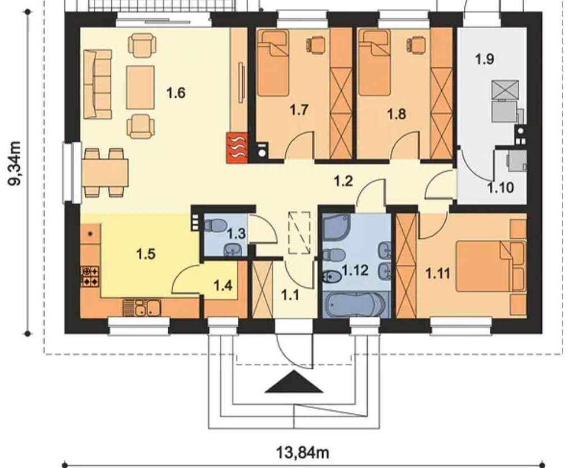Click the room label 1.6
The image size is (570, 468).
click(x=176, y=93)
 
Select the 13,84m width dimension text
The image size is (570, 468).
click(x=303, y=453)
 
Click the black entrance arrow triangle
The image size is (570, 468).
click(x=294, y=382)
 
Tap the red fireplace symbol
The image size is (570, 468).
click(x=237, y=148)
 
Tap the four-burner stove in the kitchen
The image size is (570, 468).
click(x=90, y=276)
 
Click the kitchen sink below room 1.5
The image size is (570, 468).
click(x=142, y=308)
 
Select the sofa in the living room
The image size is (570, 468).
click(x=97, y=85)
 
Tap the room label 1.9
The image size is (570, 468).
click(x=485, y=59)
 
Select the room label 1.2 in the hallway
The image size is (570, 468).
click(x=343, y=181)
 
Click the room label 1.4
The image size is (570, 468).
click(x=223, y=286)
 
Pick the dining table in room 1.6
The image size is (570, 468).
click(x=106, y=172)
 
